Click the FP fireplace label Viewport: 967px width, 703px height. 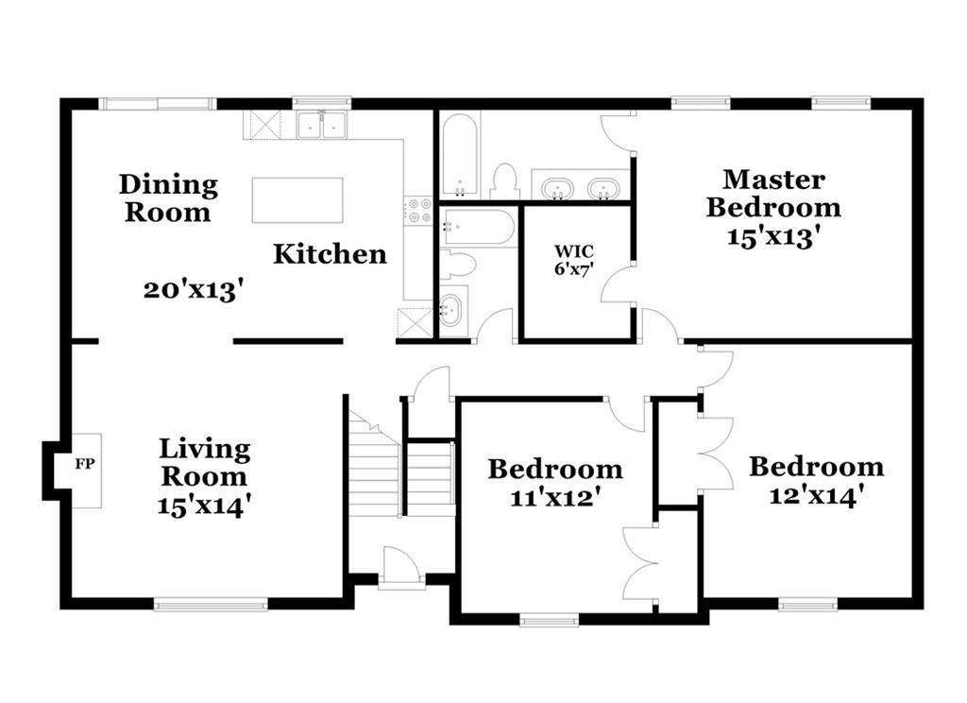click(85, 463)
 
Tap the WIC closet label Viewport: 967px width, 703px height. click(574, 251)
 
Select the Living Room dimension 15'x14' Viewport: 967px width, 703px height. click(204, 506)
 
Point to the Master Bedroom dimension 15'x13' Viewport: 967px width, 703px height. click(774, 236)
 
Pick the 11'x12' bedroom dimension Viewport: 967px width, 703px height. click(555, 496)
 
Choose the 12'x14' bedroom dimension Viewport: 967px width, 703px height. click(816, 494)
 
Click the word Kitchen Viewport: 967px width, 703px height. click(330, 253)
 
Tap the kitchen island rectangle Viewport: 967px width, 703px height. click(297, 200)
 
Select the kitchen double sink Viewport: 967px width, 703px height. click(321, 126)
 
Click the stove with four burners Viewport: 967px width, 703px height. click(418, 210)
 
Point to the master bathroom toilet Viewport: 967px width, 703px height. click(504, 181)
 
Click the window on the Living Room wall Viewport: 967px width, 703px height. click(211, 604)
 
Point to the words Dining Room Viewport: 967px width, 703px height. click(168, 198)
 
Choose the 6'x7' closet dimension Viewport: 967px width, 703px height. click(574, 268)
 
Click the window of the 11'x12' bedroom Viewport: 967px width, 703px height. click(550, 619)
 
